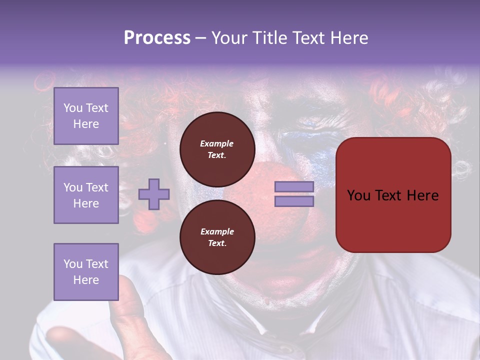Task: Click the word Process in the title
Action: point(157,38)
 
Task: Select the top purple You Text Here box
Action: point(86,116)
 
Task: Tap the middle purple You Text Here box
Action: point(86,195)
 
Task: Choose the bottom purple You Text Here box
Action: point(86,271)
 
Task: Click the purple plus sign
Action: point(154,193)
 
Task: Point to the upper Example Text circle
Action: point(217,149)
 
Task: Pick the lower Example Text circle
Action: point(217,237)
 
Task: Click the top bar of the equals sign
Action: point(294,186)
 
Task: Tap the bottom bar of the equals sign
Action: point(294,201)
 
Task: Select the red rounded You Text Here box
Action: point(393,195)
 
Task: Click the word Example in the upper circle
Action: point(217,143)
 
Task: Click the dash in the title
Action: point(201,38)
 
